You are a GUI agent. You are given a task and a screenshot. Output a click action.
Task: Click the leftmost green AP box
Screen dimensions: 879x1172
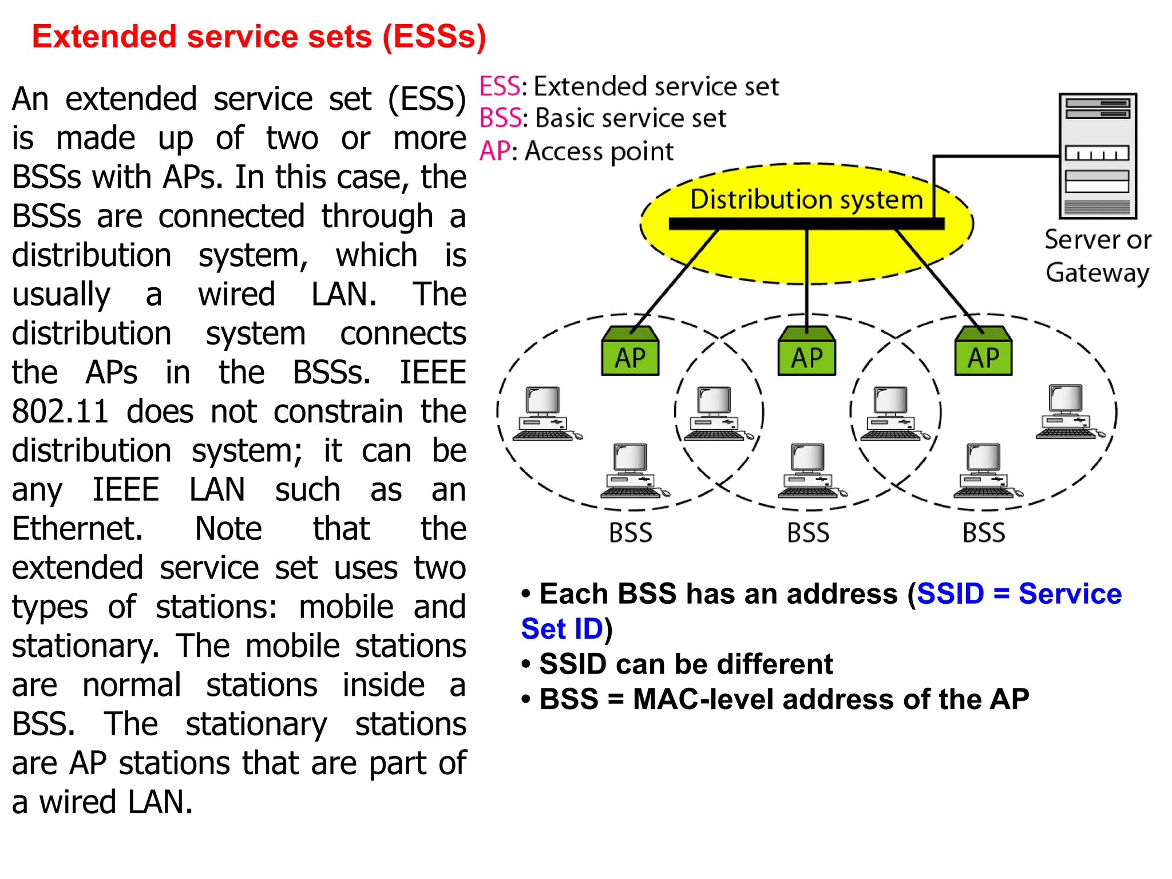point(630,352)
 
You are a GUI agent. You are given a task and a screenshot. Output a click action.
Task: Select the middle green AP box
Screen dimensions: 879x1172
point(806,352)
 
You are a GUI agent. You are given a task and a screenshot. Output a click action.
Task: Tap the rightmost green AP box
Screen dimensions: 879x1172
point(983,352)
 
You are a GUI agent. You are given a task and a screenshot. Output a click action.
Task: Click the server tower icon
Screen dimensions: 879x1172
point(1097,156)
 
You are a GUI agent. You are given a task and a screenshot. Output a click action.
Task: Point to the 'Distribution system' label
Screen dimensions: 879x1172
point(806,200)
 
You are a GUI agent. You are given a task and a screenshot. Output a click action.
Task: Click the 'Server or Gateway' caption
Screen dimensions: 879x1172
point(1097,256)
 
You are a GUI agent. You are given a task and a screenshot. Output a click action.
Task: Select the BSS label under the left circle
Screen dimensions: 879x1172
point(630,533)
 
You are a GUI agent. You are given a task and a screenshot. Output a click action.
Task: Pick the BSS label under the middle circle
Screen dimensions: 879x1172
point(807,533)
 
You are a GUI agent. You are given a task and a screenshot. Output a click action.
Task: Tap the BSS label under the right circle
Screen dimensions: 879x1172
point(983,533)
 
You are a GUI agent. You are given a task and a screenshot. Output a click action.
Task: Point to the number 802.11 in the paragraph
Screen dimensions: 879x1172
point(60,411)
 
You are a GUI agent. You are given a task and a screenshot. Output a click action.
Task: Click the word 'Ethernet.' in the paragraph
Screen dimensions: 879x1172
point(77,529)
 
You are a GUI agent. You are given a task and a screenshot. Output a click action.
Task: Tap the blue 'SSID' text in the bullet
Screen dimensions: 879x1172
point(950,593)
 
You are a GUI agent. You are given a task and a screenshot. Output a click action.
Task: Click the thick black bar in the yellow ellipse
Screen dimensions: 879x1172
point(806,224)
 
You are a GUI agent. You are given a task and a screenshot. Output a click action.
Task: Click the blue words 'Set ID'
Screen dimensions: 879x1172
point(562,629)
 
